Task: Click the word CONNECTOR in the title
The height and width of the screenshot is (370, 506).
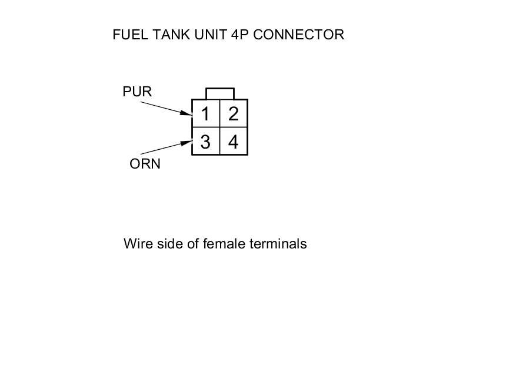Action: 298,35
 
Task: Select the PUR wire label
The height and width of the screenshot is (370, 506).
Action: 137,92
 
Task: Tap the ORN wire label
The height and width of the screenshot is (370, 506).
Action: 145,164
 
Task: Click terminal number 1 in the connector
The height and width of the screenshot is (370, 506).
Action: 205,114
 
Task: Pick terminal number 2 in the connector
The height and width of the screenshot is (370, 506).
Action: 234,114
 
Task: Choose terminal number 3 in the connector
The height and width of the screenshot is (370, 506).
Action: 205,142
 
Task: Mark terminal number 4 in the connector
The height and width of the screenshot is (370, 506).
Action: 234,142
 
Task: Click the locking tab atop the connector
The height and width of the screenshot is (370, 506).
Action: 219,94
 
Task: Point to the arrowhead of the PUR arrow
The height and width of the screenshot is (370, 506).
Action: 189,113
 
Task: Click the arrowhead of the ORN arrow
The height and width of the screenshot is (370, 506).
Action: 189,142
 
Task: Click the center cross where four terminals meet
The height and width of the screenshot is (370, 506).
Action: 219,127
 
